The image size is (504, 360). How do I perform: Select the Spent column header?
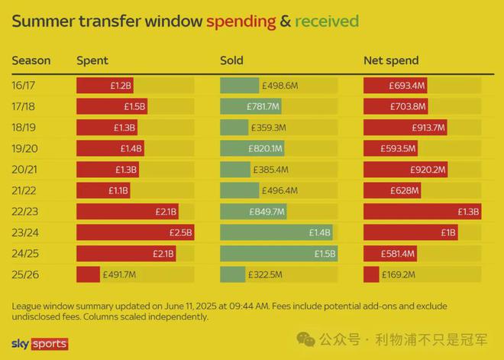92,60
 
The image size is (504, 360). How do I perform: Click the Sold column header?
232,60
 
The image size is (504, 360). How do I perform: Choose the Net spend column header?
391,60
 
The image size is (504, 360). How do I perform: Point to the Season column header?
31,60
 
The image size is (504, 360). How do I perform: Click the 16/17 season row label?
25,86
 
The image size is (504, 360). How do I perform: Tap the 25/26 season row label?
25,274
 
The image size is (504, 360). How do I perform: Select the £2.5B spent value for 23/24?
180,232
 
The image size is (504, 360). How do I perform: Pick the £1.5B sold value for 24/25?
325,253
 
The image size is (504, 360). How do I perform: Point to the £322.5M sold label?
265,274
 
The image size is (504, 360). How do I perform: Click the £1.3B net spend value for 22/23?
468,212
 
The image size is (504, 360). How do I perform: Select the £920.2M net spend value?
428,170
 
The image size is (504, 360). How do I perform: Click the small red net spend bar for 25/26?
371,274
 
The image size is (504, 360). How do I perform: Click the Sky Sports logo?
40,344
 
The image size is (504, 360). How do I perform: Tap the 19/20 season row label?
25,148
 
